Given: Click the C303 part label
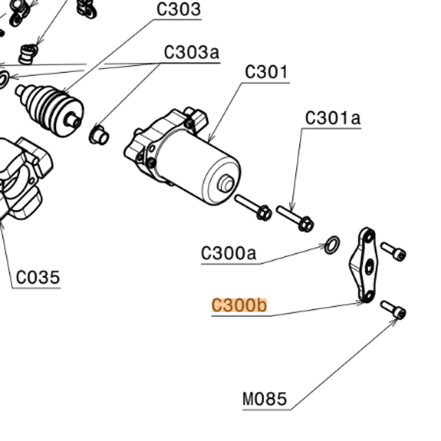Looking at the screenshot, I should coord(178,10).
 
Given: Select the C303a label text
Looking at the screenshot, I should coord(191,52).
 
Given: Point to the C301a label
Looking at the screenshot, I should coord(333,118).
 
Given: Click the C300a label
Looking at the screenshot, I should coord(228,254).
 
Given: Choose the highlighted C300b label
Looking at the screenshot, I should coord(238,305).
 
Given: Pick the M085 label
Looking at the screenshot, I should coord(265,399).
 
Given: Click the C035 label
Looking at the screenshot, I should coord(38,278).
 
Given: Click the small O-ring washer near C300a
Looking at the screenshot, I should coord(331,245).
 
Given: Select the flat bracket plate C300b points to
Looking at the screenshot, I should coord(362,266).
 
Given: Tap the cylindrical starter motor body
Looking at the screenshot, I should coord(203,165).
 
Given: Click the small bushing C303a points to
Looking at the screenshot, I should coord(98,134).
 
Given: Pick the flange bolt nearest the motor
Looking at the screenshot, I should coord(253,207).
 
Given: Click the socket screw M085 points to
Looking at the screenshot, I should coord(393,310).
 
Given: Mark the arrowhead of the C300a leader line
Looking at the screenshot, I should coord(326,247).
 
